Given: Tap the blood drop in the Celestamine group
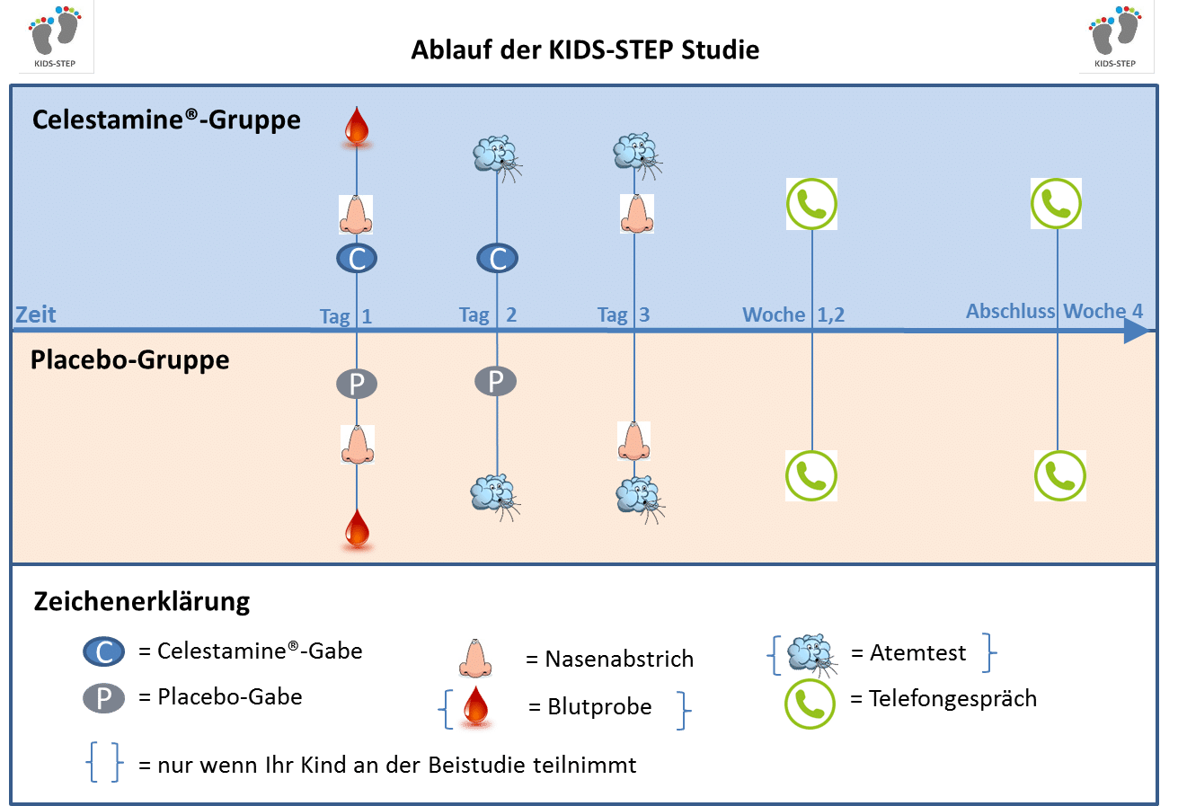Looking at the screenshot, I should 357,127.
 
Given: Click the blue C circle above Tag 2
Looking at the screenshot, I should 497,259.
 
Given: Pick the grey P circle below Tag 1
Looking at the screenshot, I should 357,384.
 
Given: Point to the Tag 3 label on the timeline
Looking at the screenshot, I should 624,315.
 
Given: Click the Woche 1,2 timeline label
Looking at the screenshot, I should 793,315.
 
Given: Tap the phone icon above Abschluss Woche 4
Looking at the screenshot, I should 1056,204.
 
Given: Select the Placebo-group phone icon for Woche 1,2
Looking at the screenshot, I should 811,475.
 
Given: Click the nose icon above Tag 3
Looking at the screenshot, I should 637,214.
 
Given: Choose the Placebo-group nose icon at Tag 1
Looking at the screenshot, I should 358,444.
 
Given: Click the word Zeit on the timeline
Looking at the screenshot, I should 35,314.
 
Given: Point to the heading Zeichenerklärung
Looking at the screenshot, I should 141,602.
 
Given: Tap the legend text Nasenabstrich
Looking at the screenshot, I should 619,659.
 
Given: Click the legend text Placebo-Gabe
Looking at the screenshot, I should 229,696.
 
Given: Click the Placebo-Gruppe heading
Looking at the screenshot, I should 130,360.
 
